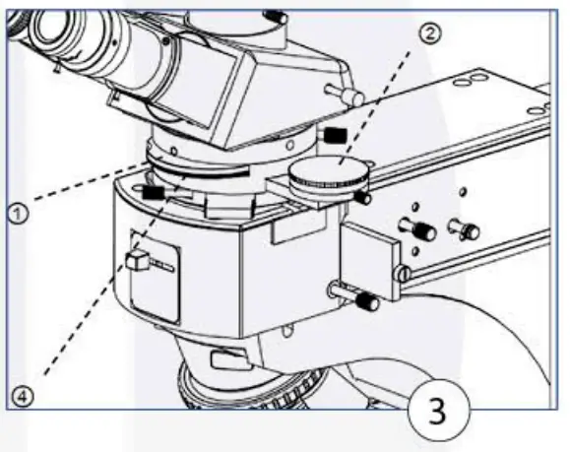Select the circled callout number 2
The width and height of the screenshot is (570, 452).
(429, 32)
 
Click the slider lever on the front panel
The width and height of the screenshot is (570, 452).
(137, 261)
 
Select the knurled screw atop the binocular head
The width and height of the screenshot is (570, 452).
(277, 16)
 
